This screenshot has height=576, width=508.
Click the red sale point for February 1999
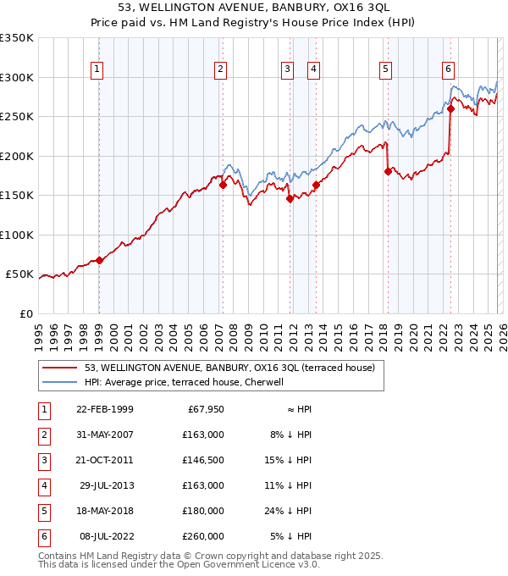[100, 260]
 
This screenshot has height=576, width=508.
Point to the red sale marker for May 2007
[223, 185]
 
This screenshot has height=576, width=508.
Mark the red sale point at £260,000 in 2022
[450, 108]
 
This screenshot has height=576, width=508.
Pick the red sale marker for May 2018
[388, 171]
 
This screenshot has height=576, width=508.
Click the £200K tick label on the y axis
[17, 156]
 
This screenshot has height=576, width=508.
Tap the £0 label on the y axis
[27, 313]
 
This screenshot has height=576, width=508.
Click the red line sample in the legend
[59, 368]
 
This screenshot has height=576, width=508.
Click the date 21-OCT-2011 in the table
[104, 460]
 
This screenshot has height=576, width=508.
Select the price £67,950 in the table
[204, 409]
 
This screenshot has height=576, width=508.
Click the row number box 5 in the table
[42, 511]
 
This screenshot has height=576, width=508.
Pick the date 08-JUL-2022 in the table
[104, 536]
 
